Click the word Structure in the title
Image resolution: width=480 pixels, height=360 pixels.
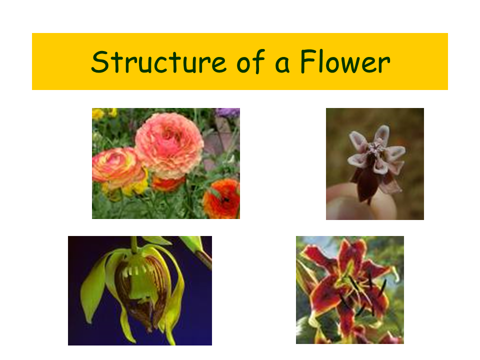coord(150,62)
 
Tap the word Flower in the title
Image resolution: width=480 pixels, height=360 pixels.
coord(344,62)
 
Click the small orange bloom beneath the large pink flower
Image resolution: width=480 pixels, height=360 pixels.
coord(168,183)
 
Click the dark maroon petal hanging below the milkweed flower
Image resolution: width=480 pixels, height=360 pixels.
coord(367,185)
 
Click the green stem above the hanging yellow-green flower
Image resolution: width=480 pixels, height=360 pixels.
coord(134,244)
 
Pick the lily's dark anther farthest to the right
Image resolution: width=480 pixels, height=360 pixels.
coord(383,287)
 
